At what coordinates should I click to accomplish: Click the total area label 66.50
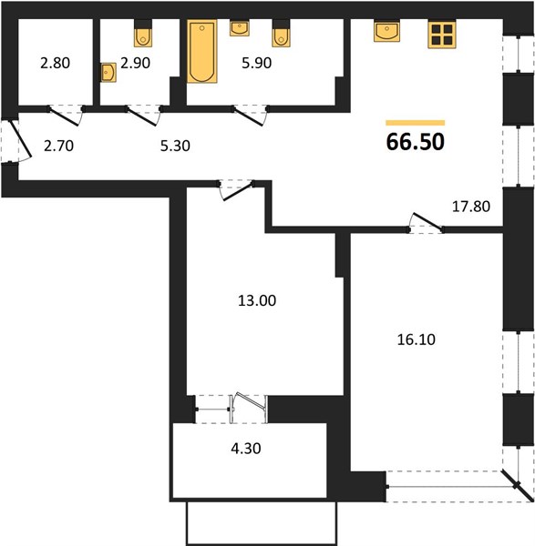click(x=416, y=142)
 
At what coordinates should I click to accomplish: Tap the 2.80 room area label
click(x=55, y=63)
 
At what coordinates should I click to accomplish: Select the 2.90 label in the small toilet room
click(x=135, y=63)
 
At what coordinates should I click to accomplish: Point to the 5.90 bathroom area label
click(x=257, y=63)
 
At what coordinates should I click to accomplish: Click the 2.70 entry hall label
click(x=58, y=146)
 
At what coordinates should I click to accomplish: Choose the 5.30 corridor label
click(x=175, y=146)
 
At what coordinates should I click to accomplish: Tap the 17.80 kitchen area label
click(x=471, y=207)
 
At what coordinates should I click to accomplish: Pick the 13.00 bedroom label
click(x=257, y=300)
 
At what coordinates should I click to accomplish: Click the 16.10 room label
click(x=417, y=339)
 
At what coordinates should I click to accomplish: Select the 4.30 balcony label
click(x=246, y=449)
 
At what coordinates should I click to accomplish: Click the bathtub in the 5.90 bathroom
click(x=202, y=51)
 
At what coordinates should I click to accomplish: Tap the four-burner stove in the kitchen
click(x=442, y=35)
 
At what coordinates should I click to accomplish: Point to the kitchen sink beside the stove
click(x=386, y=31)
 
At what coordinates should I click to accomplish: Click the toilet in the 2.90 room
click(x=143, y=34)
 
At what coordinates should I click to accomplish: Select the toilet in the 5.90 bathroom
click(x=281, y=34)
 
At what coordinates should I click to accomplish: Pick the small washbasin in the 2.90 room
click(x=108, y=73)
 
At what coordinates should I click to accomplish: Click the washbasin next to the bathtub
click(x=240, y=28)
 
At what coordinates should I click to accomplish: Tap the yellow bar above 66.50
click(x=415, y=123)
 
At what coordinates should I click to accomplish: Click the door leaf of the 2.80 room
click(x=64, y=116)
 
